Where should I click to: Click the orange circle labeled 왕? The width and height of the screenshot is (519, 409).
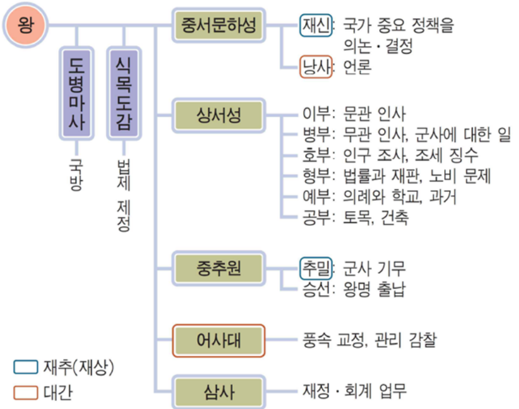[26, 25]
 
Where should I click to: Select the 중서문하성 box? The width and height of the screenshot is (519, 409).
[219, 25]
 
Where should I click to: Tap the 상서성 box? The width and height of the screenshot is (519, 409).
[219, 115]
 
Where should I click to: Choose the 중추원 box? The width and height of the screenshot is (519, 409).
[219, 268]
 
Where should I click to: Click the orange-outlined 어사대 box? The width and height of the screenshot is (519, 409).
[219, 340]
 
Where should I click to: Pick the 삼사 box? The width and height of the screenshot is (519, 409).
[219, 392]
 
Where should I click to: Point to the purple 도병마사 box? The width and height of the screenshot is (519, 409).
[77, 94]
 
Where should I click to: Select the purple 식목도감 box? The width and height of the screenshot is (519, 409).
[124, 94]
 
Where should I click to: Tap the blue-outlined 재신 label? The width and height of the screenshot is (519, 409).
[316, 25]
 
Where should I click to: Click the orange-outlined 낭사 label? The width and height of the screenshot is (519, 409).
[316, 67]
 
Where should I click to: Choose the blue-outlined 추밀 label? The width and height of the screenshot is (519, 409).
[316, 268]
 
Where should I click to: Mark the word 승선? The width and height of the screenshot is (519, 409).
[316, 289]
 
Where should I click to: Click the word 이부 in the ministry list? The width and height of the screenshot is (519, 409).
[316, 114]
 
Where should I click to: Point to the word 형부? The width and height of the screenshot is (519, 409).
[316, 176]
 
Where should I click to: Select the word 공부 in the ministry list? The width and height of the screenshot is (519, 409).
[316, 218]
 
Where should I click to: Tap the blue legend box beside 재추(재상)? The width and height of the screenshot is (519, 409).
[26, 367]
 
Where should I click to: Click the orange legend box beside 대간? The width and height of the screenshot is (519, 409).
[26, 393]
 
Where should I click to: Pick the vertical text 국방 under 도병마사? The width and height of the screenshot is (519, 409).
[76, 175]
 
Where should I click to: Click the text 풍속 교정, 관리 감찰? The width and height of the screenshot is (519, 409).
[369, 340]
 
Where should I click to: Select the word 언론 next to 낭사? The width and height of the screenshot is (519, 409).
[357, 67]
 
